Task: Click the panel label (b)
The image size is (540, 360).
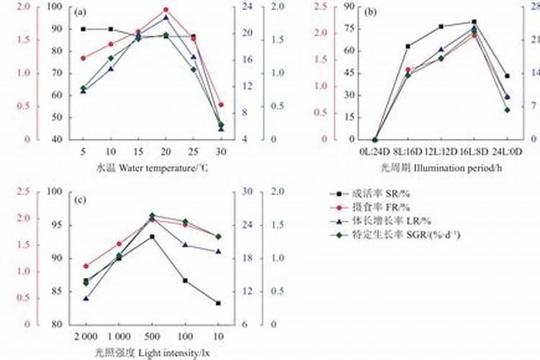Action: (372, 12)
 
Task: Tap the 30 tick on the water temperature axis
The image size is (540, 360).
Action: (220, 151)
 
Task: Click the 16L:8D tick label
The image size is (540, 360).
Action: (474, 151)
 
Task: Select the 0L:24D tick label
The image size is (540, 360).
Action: (374, 151)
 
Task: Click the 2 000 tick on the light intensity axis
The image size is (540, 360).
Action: (86, 337)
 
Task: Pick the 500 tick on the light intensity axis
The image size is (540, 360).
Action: (152, 337)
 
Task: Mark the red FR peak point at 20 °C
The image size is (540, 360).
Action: (166, 10)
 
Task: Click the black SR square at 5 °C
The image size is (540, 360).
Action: (84, 29)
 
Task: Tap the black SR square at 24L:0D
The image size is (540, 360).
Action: (507, 76)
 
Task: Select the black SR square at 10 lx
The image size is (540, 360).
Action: (218, 303)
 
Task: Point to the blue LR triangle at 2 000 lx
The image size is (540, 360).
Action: (86, 298)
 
